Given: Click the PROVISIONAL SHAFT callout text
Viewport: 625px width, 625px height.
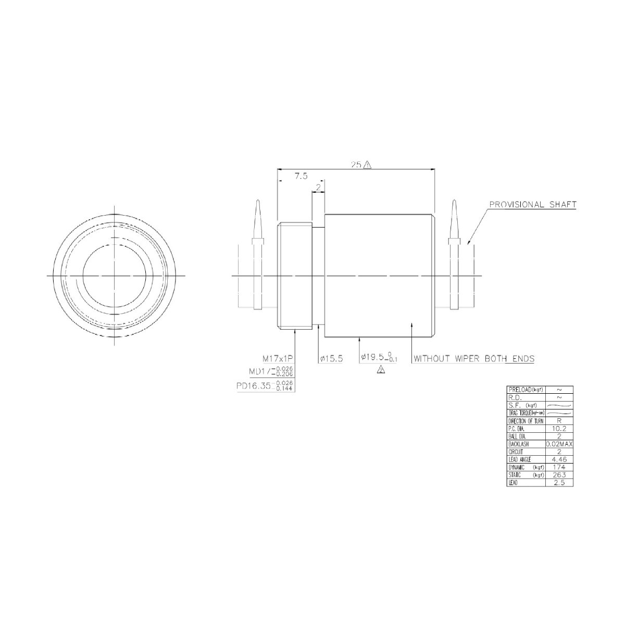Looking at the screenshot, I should [532, 205].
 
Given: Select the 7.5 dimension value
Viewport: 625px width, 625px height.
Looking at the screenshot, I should [301, 177].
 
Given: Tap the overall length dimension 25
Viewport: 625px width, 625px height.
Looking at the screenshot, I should [356, 165].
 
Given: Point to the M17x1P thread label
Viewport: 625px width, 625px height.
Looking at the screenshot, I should [278, 359].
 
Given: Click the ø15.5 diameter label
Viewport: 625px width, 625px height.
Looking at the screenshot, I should [331, 359].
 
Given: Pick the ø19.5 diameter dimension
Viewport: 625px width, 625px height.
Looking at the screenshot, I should [378, 358].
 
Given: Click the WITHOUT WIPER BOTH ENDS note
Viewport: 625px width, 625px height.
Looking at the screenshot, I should [474, 359].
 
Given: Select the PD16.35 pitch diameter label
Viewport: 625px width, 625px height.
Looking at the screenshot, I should [264, 386].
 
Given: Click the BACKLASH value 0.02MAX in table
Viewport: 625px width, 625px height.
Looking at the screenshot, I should [559, 444].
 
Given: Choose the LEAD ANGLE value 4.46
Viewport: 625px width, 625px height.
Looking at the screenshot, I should [559, 460].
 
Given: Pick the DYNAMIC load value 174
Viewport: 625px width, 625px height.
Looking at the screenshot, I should [559, 468].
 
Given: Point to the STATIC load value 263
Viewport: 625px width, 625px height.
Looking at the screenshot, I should [559, 476].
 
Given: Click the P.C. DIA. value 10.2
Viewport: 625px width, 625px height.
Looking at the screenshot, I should [559, 429].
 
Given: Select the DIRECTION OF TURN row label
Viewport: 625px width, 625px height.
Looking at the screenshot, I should [525, 421].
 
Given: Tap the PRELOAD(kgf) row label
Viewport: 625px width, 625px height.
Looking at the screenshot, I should [525, 390].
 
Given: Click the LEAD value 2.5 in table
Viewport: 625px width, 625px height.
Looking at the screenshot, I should [559, 483].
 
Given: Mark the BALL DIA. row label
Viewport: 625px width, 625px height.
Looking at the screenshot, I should [525, 436].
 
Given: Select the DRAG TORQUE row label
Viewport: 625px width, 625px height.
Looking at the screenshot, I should [525, 413].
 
